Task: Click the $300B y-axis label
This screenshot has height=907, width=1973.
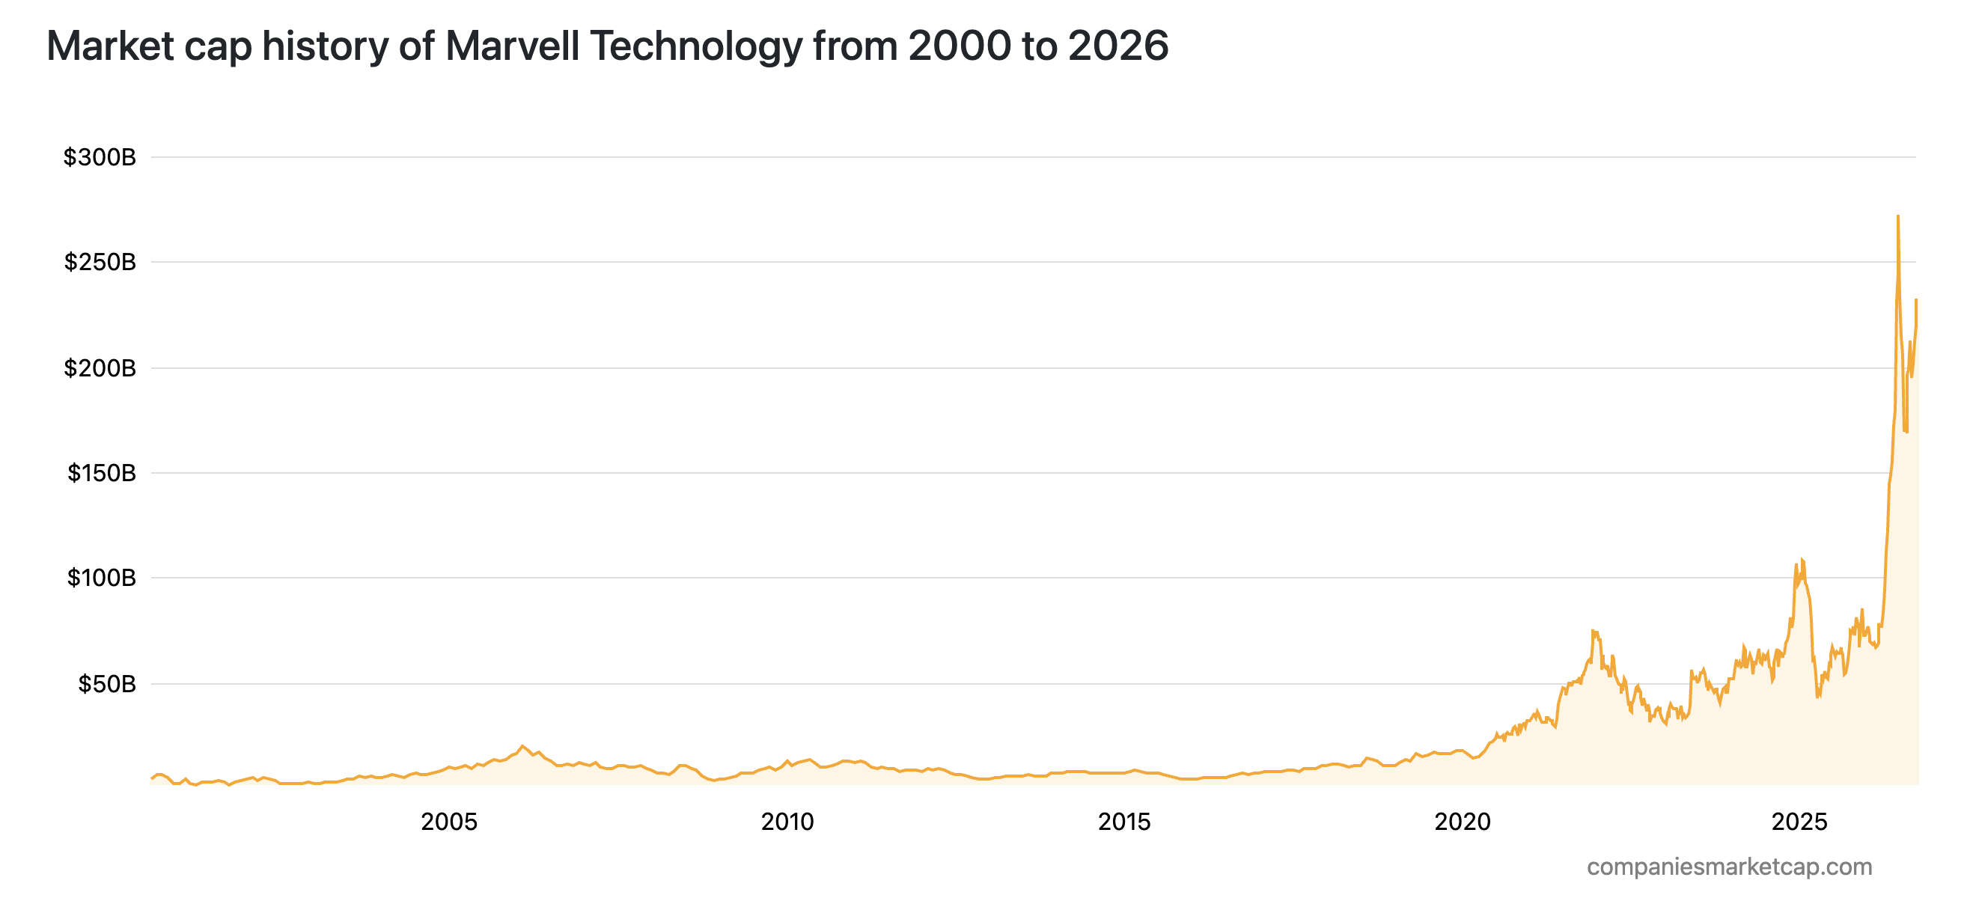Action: [x=100, y=158]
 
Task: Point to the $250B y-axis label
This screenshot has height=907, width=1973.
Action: [x=100, y=263]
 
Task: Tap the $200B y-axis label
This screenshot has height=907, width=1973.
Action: [x=100, y=368]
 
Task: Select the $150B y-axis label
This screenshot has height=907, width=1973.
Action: [x=102, y=474]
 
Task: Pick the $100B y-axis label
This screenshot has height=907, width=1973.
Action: [x=102, y=578]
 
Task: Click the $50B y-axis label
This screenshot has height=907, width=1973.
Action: [x=107, y=684]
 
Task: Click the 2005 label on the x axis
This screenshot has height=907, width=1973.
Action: [x=449, y=822]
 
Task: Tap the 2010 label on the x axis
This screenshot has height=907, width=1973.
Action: [x=787, y=822]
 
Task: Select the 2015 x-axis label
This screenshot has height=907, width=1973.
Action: [x=1124, y=822]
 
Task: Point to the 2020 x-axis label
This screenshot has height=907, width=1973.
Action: [x=1463, y=822]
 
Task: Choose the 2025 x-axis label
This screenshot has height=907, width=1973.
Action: [x=1800, y=822]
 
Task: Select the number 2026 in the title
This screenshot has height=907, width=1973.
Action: [x=1118, y=46]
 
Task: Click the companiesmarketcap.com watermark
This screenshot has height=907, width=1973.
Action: [x=1730, y=867]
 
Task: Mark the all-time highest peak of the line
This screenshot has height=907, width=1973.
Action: [x=1897, y=216]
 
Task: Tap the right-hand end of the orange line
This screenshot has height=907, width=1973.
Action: [x=1916, y=299]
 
